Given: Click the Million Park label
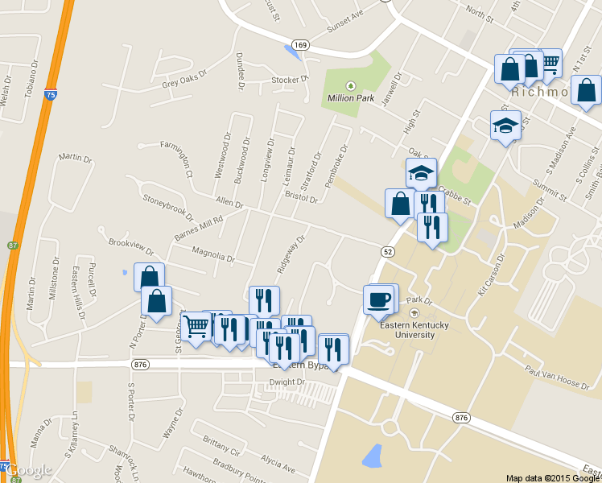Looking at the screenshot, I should click(351, 98).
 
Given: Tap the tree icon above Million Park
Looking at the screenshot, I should click(350, 86).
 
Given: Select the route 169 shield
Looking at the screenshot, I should click(300, 44).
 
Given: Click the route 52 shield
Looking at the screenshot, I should click(387, 252).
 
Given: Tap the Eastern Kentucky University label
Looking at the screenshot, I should click(415, 329).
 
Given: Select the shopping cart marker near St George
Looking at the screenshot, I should click(196, 327).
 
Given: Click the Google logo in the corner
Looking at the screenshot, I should click(31, 469).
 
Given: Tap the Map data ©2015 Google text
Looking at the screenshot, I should click(552, 477).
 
